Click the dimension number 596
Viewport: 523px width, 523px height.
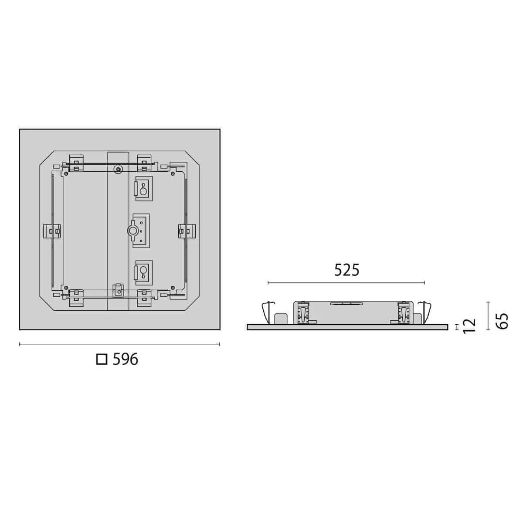tap(126, 360)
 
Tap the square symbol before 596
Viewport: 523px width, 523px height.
tap(102, 360)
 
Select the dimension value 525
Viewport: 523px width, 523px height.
tap(347, 270)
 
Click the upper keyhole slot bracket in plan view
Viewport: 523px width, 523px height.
tap(143, 189)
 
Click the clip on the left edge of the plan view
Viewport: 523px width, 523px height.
tap(52, 231)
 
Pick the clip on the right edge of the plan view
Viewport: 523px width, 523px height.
tap(187, 231)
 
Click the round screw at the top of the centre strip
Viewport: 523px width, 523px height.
tap(118, 169)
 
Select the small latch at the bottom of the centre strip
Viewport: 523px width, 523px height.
tap(117, 289)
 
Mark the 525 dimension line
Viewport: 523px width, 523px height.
tap(346, 283)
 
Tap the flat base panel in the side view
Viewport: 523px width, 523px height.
tap(347, 327)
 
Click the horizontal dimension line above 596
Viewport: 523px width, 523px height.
tap(119, 344)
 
